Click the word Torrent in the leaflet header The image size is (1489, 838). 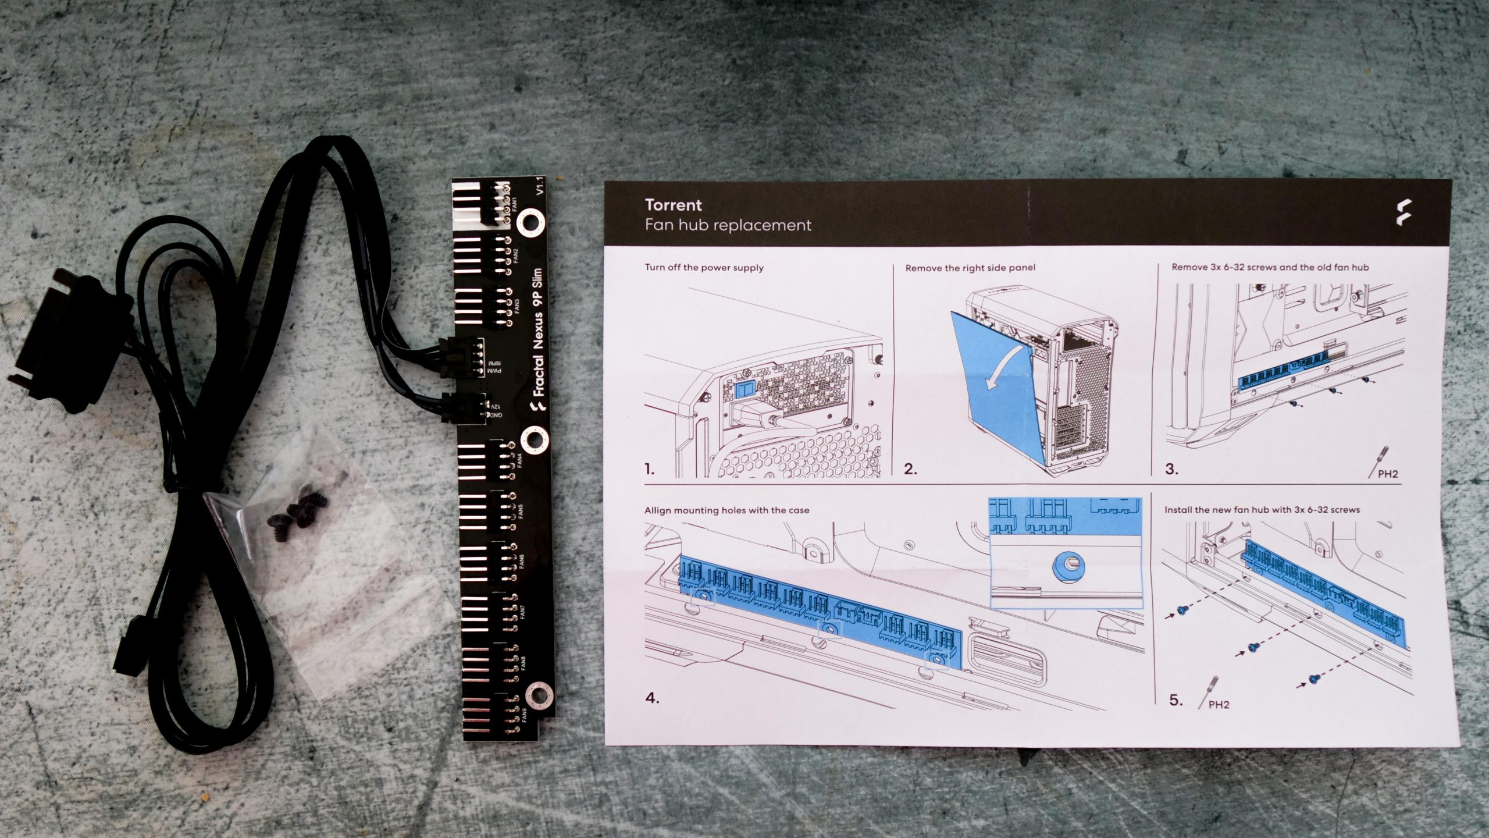(673, 205)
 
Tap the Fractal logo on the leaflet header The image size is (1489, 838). (1403, 212)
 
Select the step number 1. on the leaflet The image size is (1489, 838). (649, 468)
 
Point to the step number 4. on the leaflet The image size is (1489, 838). (652, 698)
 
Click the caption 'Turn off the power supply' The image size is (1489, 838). (704, 268)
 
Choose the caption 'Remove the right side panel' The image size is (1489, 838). (970, 268)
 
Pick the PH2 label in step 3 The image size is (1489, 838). (1387, 474)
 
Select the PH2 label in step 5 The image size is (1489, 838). (1219, 705)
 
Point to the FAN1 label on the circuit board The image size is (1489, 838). (514, 205)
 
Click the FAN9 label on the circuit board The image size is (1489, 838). (524, 715)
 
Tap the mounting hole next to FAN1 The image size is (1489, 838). (529, 223)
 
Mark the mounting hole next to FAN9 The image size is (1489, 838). (539, 696)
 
